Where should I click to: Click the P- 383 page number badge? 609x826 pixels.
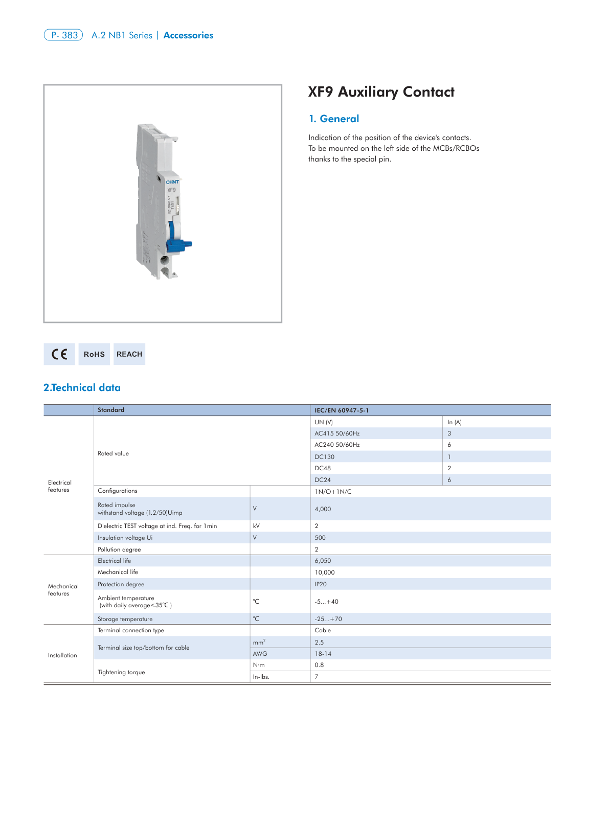point(63,35)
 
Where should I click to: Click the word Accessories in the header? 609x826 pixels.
point(188,35)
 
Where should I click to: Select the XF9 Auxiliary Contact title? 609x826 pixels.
point(381,92)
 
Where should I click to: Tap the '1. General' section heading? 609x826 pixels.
point(334,119)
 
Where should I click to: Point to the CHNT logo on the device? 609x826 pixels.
point(172,182)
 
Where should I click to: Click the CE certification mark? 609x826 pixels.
point(59,354)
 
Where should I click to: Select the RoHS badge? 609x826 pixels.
point(94,354)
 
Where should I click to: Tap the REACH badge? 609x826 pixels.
point(129,354)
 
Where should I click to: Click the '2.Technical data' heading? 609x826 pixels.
point(82,387)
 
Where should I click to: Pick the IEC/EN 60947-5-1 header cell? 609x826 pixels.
point(342,410)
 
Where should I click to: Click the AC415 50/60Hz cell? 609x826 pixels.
point(337,433)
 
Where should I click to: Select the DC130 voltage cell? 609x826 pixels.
point(324,457)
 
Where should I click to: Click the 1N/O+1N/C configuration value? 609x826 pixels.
point(333,492)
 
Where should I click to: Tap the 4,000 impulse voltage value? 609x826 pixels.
point(323,509)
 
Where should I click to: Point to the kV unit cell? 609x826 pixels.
point(256,526)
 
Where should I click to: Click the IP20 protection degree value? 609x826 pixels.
point(321,584)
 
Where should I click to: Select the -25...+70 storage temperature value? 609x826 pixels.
point(328,619)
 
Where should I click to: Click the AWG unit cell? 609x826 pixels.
point(260,654)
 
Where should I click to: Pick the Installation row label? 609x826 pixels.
point(62,655)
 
